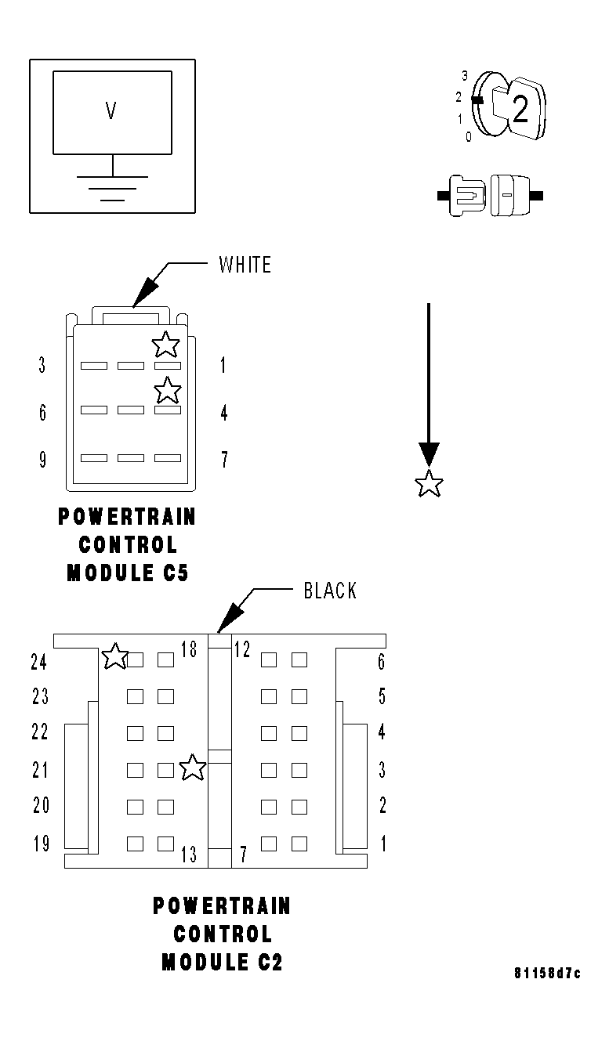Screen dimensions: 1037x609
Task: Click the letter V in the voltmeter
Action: point(111,112)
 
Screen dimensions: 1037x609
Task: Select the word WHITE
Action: point(245,265)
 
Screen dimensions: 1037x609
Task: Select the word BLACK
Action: point(330,591)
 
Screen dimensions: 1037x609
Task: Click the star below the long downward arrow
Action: point(429,484)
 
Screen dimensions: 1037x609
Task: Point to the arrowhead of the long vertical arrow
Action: point(429,456)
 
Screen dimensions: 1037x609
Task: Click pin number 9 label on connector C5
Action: point(42,459)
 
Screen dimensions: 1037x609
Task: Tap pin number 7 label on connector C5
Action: point(224,459)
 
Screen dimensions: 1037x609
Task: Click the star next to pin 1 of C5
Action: point(165,343)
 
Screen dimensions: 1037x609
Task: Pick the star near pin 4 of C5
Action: point(167,389)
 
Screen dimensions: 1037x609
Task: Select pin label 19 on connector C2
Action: point(41,844)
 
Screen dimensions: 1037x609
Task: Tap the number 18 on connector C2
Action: point(189,649)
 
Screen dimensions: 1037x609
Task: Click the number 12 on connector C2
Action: point(241,649)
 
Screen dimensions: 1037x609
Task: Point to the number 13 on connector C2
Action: point(189,855)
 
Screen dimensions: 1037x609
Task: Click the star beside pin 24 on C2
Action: point(115,656)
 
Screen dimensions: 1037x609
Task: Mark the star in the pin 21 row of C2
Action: point(192,768)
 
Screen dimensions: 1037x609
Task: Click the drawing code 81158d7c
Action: point(547,974)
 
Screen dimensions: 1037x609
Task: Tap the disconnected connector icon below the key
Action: point(490,196)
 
